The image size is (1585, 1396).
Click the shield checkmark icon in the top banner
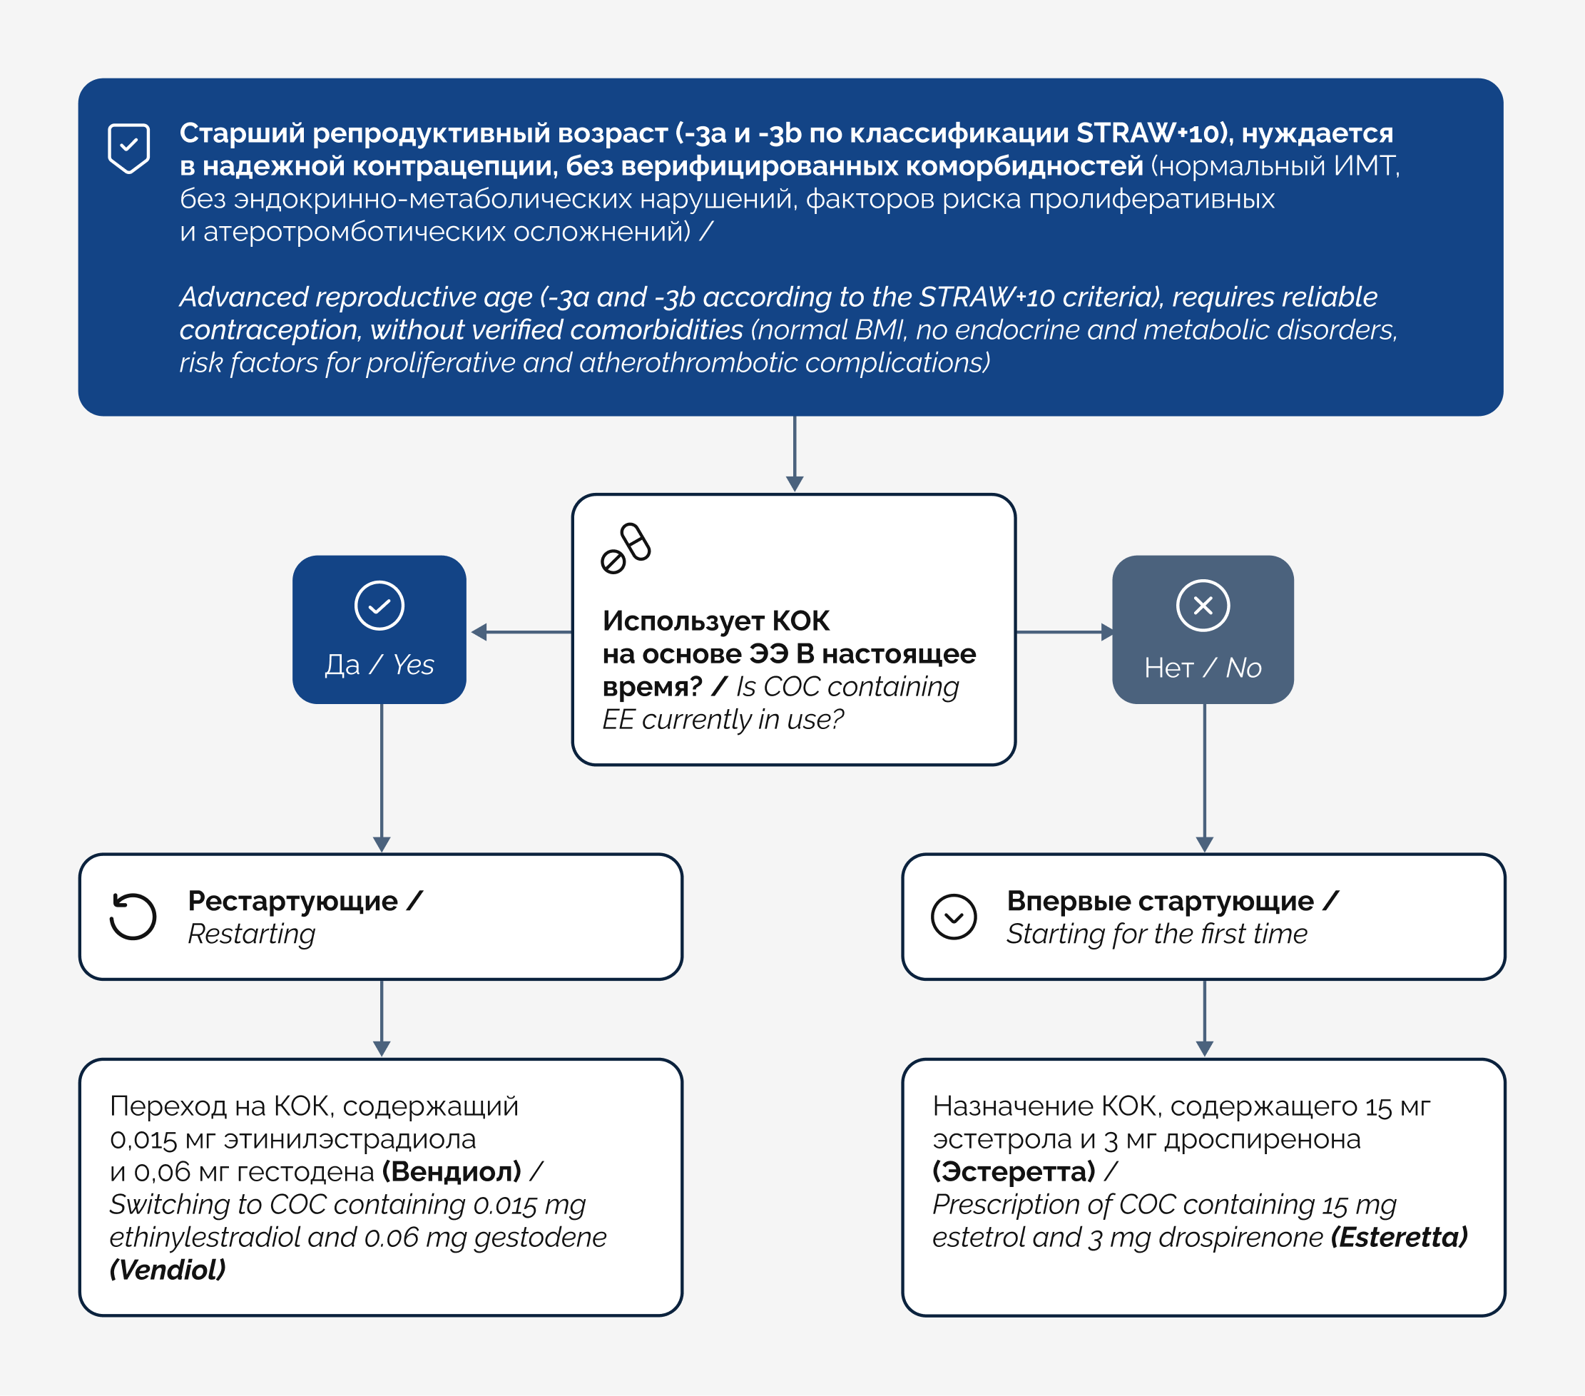click(128, 148)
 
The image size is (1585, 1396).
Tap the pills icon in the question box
click(626, 549)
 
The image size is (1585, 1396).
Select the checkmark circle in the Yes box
click(379, 606)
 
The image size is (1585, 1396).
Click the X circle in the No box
click(1203, 606)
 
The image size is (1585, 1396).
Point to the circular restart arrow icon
click(133, 916)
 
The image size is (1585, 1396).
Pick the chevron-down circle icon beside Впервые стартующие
click(954, 917)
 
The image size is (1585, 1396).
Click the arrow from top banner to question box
click(795, 454)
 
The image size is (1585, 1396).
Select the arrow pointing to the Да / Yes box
click(522, 632)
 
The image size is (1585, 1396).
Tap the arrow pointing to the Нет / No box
click(1065, 632)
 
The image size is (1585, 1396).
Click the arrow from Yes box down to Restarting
click(382, 778)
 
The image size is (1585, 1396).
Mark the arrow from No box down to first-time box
click(1204, 778)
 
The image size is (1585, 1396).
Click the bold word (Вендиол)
click(452, 1171)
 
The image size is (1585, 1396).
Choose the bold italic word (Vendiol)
click(168, 1270)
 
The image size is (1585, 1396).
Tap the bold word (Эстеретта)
click(1014, 1171)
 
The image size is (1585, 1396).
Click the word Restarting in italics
click(252, 934)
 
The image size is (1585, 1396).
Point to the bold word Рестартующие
click(293, 901)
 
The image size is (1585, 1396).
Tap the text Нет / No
click(1203, 668)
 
